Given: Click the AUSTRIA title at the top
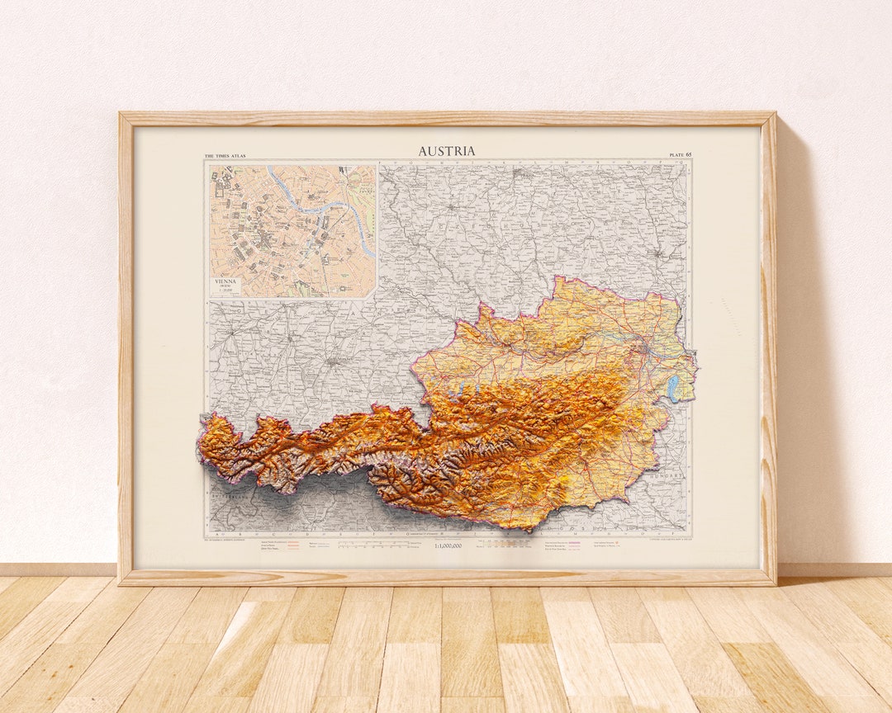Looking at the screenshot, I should [x=446, y=151].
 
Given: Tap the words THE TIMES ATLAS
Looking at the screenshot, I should [x=225, y=155].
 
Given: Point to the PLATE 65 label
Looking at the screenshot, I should [x=680, y=155].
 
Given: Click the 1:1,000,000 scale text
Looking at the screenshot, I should [x=448, y=545].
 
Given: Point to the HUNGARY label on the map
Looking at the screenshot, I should [x=667, y=476].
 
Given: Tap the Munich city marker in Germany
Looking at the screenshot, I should [x=332, y=361].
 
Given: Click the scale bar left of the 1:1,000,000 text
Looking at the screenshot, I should [x=380, y=545].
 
